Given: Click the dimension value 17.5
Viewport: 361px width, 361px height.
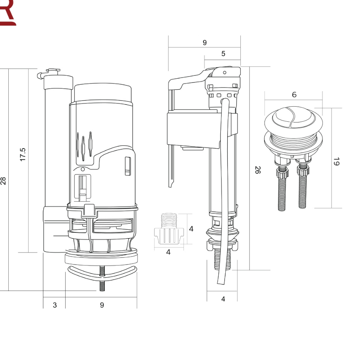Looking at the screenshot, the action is pyautogui.click(x=23, y=154).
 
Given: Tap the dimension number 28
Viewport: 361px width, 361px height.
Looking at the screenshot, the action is pyautogui.click(x=3, y=181).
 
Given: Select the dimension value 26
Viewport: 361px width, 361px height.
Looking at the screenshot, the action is pyautogui.click(x=258, y=170).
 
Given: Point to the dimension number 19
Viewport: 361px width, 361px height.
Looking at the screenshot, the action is pyautogui.click(x=337, y=161).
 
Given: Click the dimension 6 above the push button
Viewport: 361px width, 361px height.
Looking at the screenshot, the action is pyautogui.click(x=294, y=95).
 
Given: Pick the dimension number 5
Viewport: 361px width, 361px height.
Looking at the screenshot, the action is pyautogui.click(x=223, y=54).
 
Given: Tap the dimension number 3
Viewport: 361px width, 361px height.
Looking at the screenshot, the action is pyautogui.click(x=55, y=305).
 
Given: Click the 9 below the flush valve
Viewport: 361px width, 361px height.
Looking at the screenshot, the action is pyautogui.click(x=102, y=305).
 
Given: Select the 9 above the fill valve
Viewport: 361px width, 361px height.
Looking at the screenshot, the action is pyautogui.click(x=205, y=43).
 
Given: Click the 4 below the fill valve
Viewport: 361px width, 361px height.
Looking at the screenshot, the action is pyautogui.click(x=223, y=299).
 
